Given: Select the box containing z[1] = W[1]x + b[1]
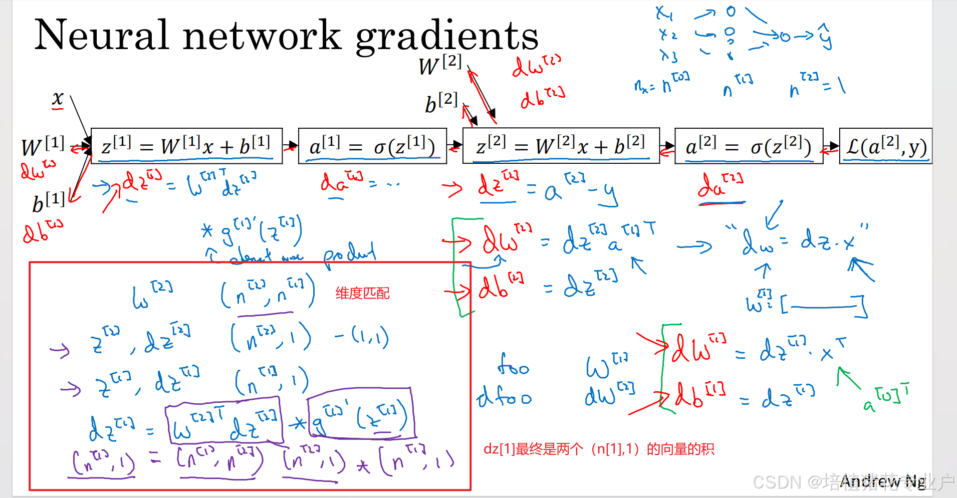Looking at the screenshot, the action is point(186,146).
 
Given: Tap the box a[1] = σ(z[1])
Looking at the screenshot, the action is point(372,146).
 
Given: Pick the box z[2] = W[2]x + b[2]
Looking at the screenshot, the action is point(561,146).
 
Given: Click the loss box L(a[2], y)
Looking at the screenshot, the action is point(885,146).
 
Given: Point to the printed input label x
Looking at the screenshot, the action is point(58,98).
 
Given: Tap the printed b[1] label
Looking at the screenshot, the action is point(48,202).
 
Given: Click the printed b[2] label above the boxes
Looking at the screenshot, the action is point(441,103).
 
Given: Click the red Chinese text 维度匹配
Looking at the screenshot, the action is point(362,293).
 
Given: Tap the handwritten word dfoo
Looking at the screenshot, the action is point(504,397).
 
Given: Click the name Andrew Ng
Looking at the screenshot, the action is point(882,481).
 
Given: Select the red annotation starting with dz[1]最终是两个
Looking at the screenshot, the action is point(598,449).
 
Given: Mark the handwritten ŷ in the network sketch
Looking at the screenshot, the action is point(825,37).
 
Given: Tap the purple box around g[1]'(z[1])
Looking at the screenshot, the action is point(361,413).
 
